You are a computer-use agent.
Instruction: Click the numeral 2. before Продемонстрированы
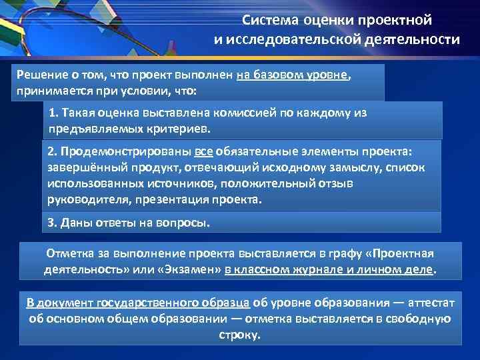coord(53,152)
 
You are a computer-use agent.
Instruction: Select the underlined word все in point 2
coord(204,152)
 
